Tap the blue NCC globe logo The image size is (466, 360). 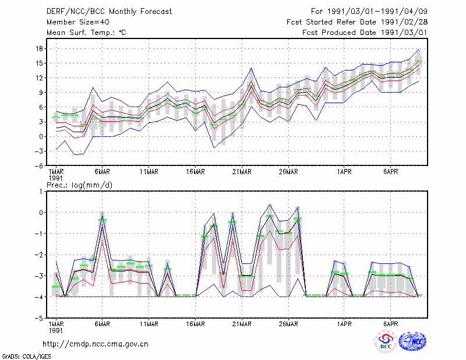pyautogui.click(x=412, y=341)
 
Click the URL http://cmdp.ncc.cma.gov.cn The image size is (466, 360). pyautogui.click(x=96, y=344)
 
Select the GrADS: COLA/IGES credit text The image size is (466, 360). pyautogui.click(x=26, y=357)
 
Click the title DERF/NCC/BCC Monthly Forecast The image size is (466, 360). pyautogui.click(x=109, y=12)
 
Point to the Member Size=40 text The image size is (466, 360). pyautogui.click(x=78, y=22)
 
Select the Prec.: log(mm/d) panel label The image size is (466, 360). pyautogui.click(x=79, y=185)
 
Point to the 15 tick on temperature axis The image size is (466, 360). pyautogui.click(x=40, y=63)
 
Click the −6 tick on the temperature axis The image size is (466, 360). pyautogui.click(x=38, y=166)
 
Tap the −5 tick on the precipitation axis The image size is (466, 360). pyautogui.click(x=38, y=318)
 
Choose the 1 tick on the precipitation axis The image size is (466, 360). pyautogui.click(x=41, y=192)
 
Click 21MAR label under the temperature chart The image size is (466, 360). pyautogui.click(x=242, y=172)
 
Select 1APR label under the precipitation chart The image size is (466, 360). pyautogui.click(x=344, y=324)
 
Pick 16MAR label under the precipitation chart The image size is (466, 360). pyautogui.click(x=196, y=324)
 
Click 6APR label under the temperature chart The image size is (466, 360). pyautogui.click(x=390, y=172)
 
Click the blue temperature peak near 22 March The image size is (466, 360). pyautogui.click(x=252, y=68)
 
